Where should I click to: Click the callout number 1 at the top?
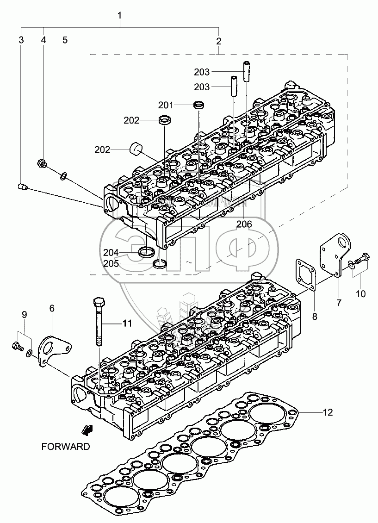(120, 16)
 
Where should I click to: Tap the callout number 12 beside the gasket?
(328, 412)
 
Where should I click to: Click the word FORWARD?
(65, 447)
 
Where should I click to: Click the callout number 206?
(244, 224)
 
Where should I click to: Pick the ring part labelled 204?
(147, 252)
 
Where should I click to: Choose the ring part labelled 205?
(160, 264)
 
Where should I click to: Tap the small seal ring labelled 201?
(199, 105)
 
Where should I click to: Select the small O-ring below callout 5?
(64, 175)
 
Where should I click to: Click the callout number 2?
(218, 41)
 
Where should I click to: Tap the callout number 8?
(315, 317)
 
